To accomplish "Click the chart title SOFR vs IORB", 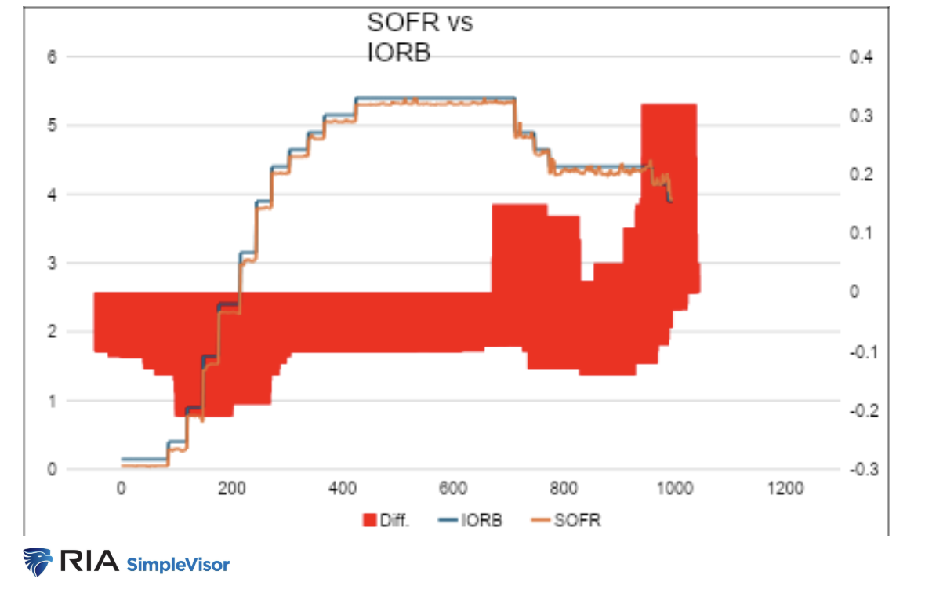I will pyautogui.click(x=419, y=38).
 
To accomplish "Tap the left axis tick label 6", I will pyautogui.click(x=53, y=57).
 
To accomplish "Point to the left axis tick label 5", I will pyautogui.click(x=53, y=126).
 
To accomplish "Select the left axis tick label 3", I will pyautogui.click(x=53, y=264).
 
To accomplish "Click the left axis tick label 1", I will pyautogui.click(x=53, y=402).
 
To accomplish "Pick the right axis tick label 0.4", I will pyautogui.click(x=861, y=57).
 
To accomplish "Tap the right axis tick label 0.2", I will pyautogui.click(x=861, y=174).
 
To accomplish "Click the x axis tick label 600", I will pyautogui.click(x=453, y=489).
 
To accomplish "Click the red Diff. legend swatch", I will pyautogui.click(x=368, y=520).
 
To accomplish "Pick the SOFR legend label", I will pyautogui.click(x=578, y=520).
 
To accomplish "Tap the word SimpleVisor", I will pyautogui.click(x=178, y=563).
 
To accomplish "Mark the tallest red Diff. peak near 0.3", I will pyautogui.click(x=669, y=110).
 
